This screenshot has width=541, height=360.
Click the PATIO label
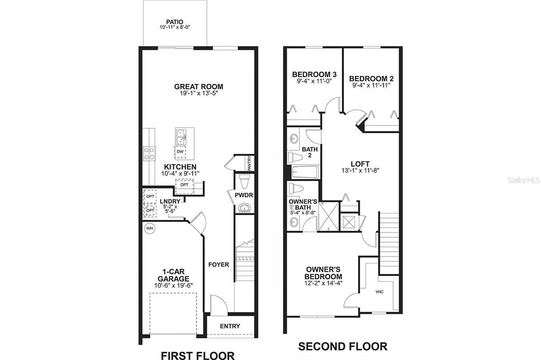point(174,22)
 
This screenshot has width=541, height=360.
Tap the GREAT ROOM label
point(199,87)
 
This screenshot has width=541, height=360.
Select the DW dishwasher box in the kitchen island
point(180,151)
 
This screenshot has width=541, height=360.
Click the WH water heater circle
point(150,228)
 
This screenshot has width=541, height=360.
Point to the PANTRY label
point(250,163)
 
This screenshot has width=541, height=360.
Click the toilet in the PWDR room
point(244,182)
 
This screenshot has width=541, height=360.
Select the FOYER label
point(218,264)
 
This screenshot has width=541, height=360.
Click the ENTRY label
point(230,326)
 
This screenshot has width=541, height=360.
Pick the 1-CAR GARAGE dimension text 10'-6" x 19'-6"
point(173,285)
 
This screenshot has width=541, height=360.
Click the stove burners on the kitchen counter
point(150,154)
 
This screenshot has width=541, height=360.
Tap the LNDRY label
point(170,202)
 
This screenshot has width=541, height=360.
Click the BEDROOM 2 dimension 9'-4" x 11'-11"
point(371,85)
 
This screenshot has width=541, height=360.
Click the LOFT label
point(360,164)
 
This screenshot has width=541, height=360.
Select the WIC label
point(379,292)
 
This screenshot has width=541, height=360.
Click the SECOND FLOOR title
point(342,346)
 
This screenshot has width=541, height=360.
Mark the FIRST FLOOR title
point(198,355)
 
